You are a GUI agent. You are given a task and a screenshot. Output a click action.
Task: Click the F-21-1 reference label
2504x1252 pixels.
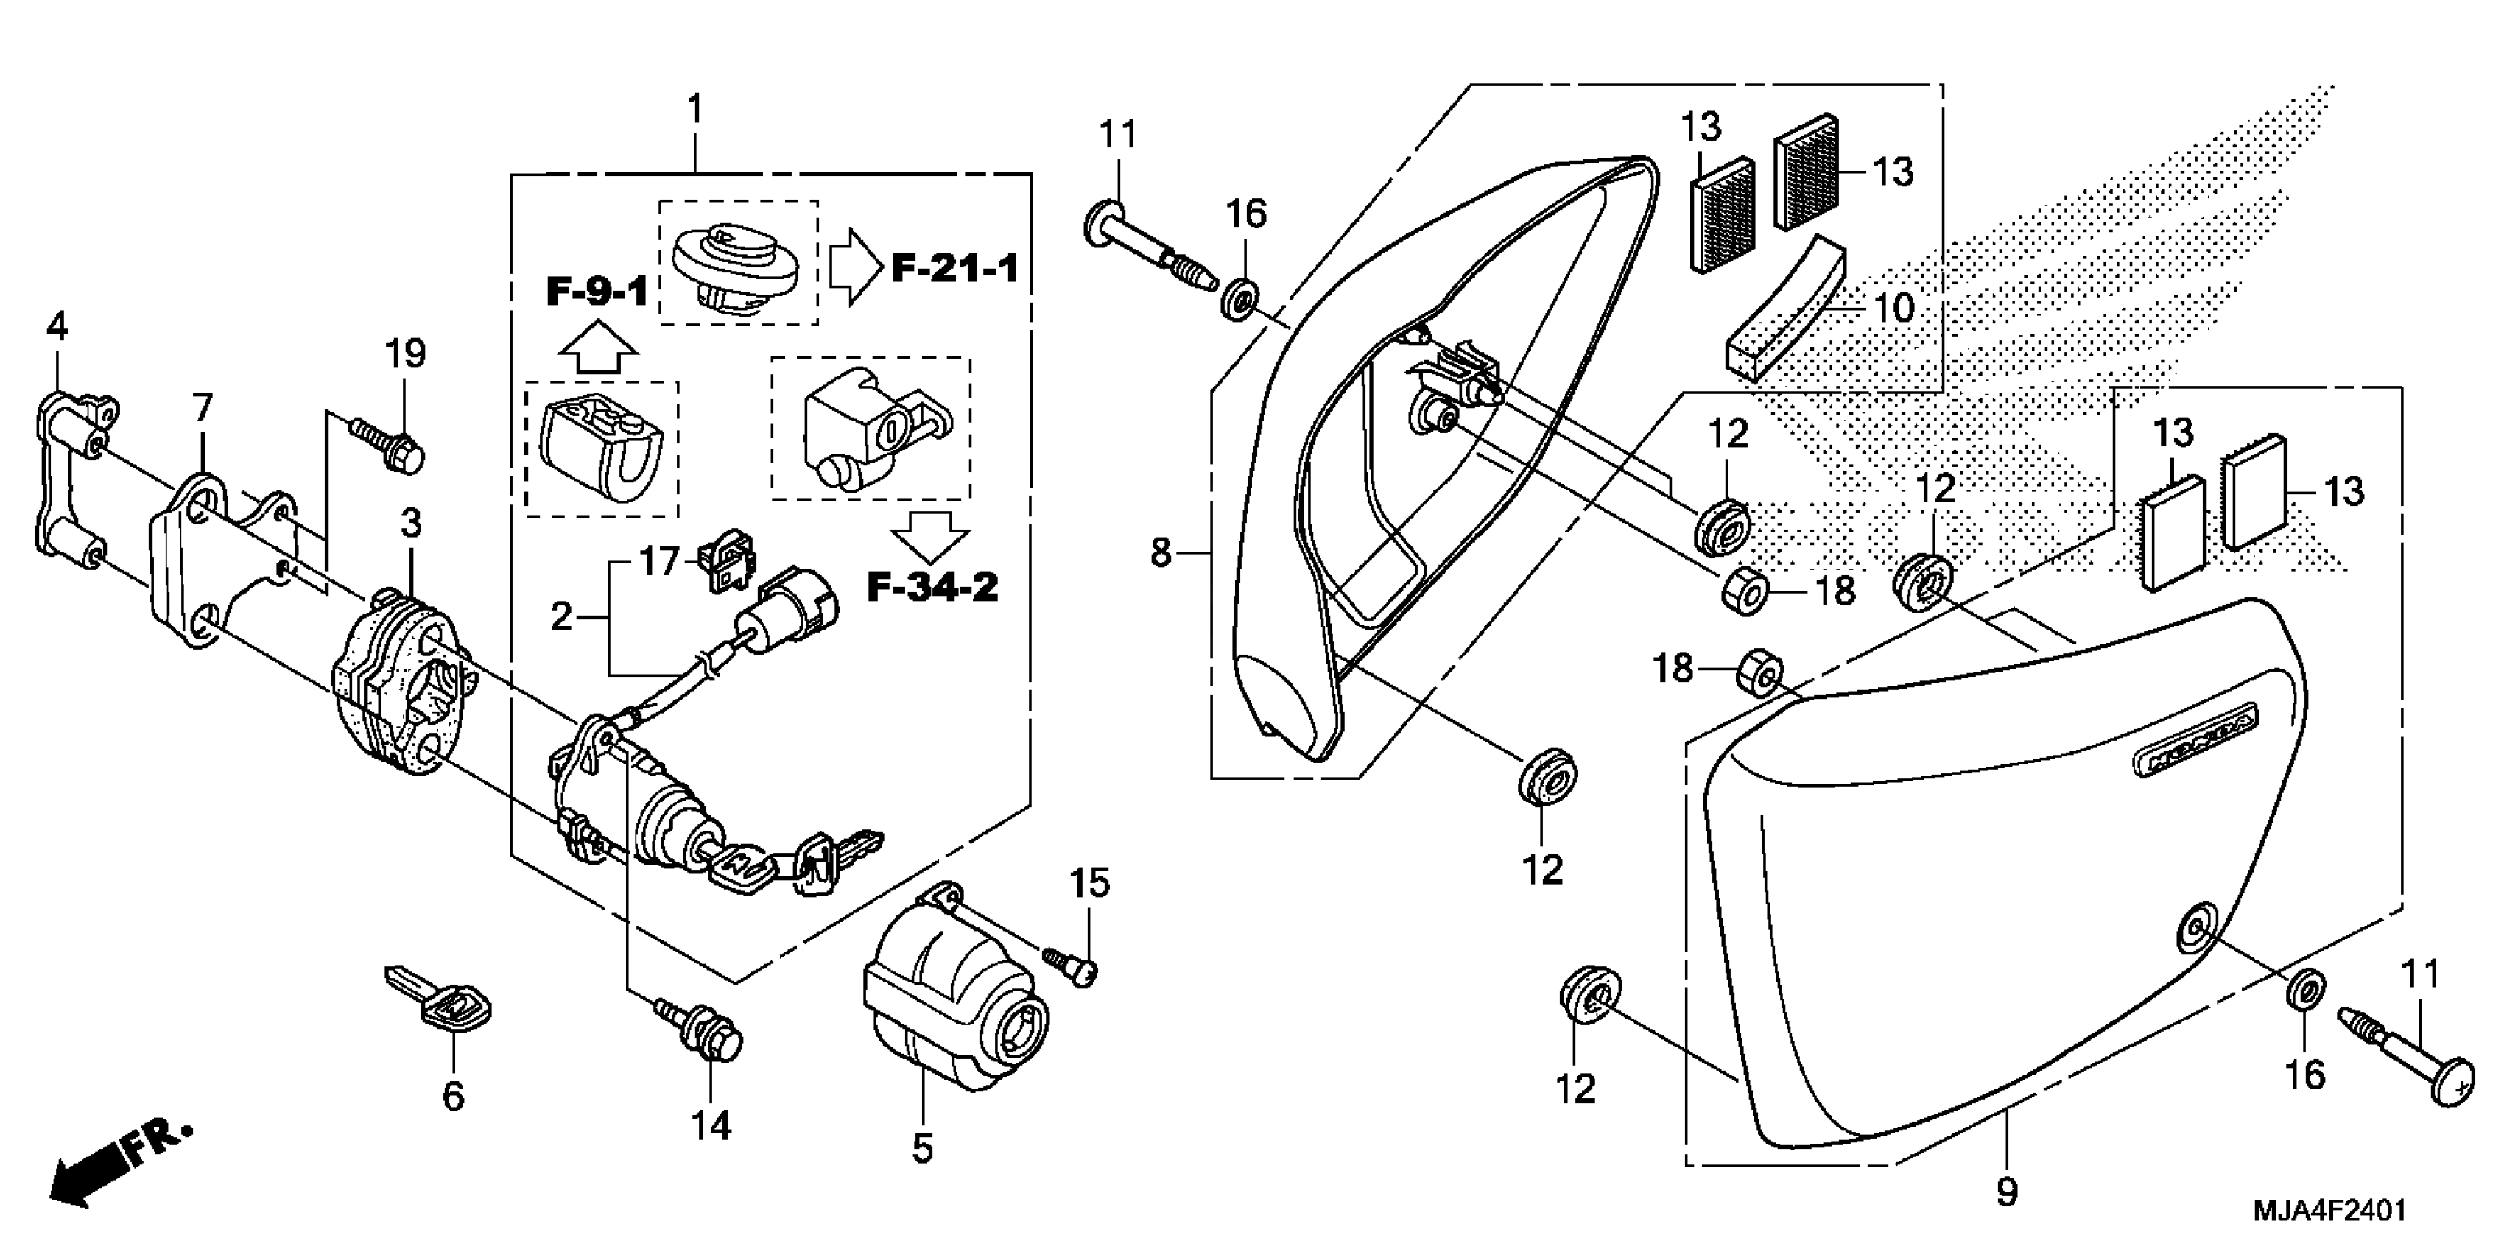tap(954, 268)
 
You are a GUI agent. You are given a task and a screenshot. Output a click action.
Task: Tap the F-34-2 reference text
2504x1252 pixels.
tap(932, 587)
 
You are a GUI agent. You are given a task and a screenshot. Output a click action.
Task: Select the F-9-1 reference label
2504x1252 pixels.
tap(596, 291)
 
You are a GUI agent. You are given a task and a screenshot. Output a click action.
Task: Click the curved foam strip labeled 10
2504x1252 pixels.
tap(1787, 309)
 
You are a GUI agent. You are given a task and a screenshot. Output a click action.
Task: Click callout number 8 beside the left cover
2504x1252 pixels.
tap(1161, 554)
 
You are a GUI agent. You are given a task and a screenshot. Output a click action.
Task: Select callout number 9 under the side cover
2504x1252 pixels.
tap(2006, 1191)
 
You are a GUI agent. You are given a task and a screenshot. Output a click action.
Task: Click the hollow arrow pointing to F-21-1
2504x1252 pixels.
tap(854, 267)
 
